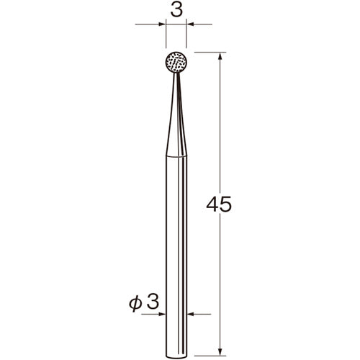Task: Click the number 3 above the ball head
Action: click(x=176, y=10)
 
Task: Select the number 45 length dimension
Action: click(x=219, y=204)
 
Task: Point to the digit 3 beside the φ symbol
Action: click(x=153, y=302)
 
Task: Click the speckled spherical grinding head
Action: click(x=176, y=62)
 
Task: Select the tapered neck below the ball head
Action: click(x=176, y=114)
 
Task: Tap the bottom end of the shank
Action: click(x=176, y=358)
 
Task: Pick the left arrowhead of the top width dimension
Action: click(x=162, y=24)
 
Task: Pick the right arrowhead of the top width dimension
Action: click(x=190, y=24)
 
